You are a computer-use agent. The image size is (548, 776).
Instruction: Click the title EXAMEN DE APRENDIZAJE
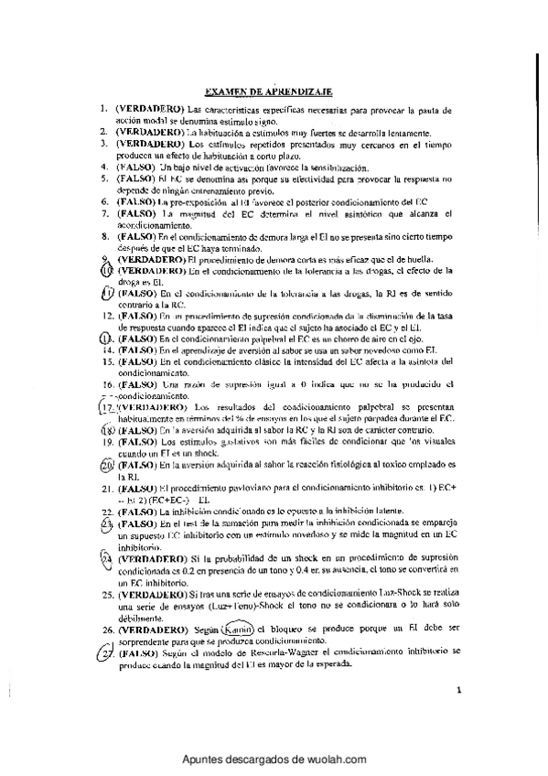point(268,92)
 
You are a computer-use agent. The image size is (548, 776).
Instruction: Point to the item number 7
point(106,213)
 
